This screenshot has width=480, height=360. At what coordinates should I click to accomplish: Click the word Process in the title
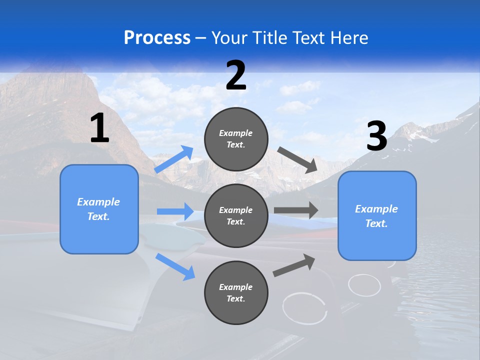pyautogui.click(x=157, y=37)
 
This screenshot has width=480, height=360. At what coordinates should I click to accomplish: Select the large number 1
pyautogui.click(x=99, y=128)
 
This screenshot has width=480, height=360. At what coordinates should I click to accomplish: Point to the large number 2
pyautogui.click(x=236, y=75)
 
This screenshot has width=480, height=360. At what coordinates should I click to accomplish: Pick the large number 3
pyautogui.click(x=377, y=136)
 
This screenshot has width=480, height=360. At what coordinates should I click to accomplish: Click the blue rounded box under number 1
pyautogui.click(x=99, y=209)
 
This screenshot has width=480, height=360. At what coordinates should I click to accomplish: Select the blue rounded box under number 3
pyautogui.click(x=377, y=216)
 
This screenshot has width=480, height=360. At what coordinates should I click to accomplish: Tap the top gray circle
pyautogui.click(x=236, y=139)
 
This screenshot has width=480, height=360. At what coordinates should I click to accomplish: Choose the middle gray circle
pyautogui.click(x=236, y=215)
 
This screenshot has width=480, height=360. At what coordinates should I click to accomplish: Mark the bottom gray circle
pyautogui.click(x=236, y=292)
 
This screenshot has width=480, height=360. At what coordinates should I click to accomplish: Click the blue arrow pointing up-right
pyautogui.click(x=174, y=159)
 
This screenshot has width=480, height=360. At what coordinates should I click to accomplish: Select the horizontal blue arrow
pyautogui.click(x=175, y=211)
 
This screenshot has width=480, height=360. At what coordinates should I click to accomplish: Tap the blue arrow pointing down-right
pyautogui.click(x=175, y=266)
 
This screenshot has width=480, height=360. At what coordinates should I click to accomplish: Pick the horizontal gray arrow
pyautogui.click(x=296, y=210)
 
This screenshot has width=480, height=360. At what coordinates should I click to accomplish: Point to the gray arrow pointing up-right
pyautogui.click(x=294, y=265)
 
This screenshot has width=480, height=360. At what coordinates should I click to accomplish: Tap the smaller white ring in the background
pyautogui.click(x=364, y=285)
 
